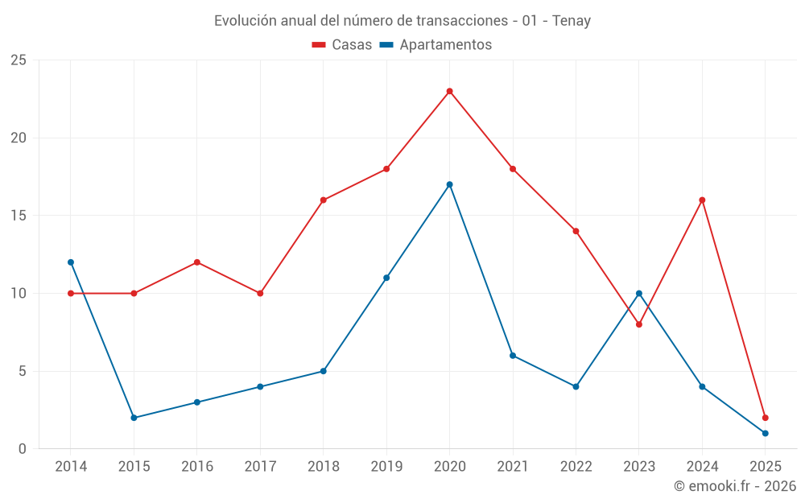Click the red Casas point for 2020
tap(449, 91)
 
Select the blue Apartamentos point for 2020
tap(449, 184)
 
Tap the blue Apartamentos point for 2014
tap(71, 262)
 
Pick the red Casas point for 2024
tap(702, 200)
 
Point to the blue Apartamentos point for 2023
tap(639, 293)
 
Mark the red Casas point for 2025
tap(766, 418)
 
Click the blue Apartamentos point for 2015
tap(134, 418)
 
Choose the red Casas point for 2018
tap(323, 200)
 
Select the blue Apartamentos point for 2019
tap(386, 278)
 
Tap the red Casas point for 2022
tap(576, 231)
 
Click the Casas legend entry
tap(342, 45)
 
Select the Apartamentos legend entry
tap(436, 45)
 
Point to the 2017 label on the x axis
tap(260, 467)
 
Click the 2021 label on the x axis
tap(513, 467)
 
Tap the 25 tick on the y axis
tap(18, 60)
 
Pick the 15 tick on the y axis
tap(18, 216)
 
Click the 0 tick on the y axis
tap(23, 449)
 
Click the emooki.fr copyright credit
tap(735, 486)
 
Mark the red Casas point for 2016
tap(196, 262)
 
